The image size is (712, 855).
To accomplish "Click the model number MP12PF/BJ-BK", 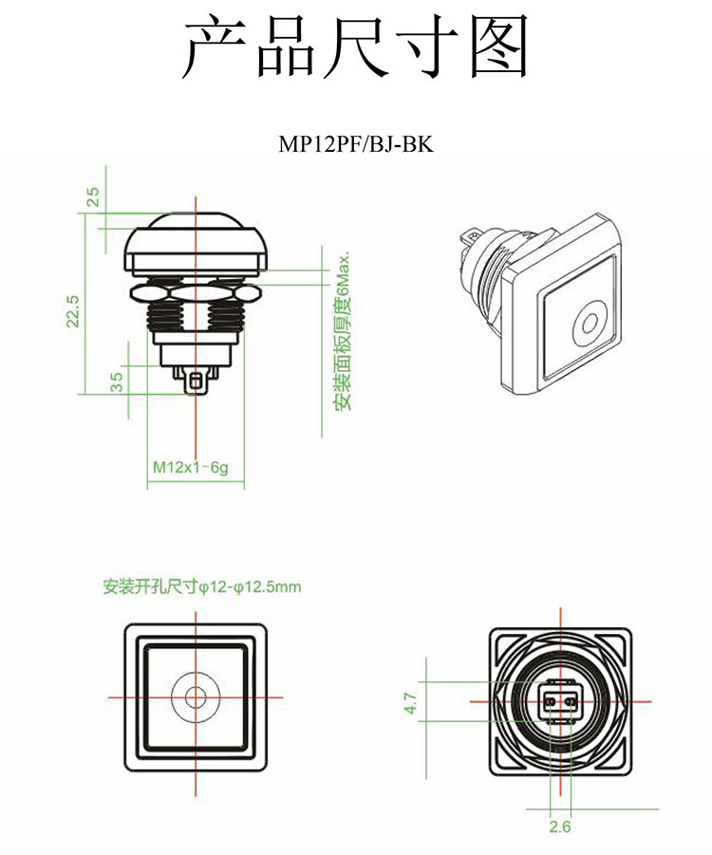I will (356, 145).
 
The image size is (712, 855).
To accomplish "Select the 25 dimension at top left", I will (93, 196).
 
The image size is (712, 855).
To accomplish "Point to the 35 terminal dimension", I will (116, 381).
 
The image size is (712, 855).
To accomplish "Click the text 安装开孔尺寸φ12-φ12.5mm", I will (202, 586).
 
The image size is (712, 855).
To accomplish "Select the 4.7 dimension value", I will (410, 703).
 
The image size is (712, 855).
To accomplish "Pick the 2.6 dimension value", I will (560, 827).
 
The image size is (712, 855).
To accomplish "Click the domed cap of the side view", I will (197, 237).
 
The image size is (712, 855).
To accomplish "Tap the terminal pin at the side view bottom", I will (197, 381).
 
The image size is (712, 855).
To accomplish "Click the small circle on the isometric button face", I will (590, 325).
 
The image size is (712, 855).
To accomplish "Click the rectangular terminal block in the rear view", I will (560, 703).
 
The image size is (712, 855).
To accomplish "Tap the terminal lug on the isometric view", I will (467, 234).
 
